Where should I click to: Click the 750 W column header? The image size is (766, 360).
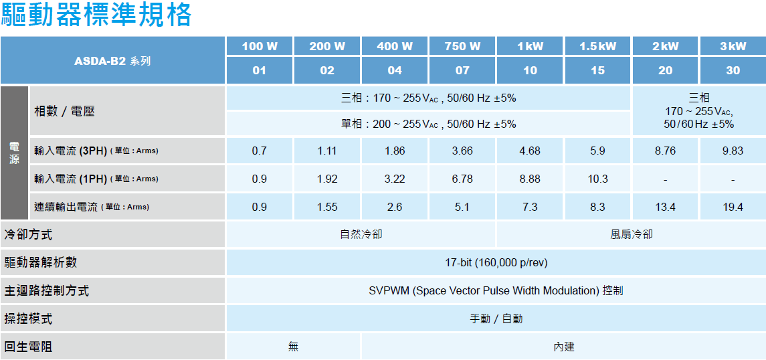click(462, 46)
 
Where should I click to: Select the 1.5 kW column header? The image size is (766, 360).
click(597, 46)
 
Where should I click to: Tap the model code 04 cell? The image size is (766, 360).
click(395, 70)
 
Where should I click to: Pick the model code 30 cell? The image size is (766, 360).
click(733, 70)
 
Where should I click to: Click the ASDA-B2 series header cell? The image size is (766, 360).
click(112, 61)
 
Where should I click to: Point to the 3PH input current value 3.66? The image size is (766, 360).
click(462, 151)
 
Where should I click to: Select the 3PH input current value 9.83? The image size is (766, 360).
click(733, 151)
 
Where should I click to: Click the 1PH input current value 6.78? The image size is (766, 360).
click(462, 179)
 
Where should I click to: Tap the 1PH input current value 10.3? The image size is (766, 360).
click(597, 179)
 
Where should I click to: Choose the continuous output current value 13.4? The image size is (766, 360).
click(666, 207)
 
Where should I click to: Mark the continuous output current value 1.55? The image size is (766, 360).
click(327, 207)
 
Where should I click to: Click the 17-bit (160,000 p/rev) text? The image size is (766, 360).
click(496, 263)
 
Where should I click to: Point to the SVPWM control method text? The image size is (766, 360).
click(496, 291)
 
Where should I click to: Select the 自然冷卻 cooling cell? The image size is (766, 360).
click(361, 235)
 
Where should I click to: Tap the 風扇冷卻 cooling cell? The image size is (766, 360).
click(631, 235)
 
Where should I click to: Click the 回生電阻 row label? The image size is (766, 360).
click(28, 347)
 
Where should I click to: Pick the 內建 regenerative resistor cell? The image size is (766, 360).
click(564, 347)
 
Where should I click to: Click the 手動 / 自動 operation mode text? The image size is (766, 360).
click(496, 319)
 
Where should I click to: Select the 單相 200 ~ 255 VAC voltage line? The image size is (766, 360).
click(428, 124)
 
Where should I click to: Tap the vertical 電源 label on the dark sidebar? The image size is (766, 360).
click(15, 153)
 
